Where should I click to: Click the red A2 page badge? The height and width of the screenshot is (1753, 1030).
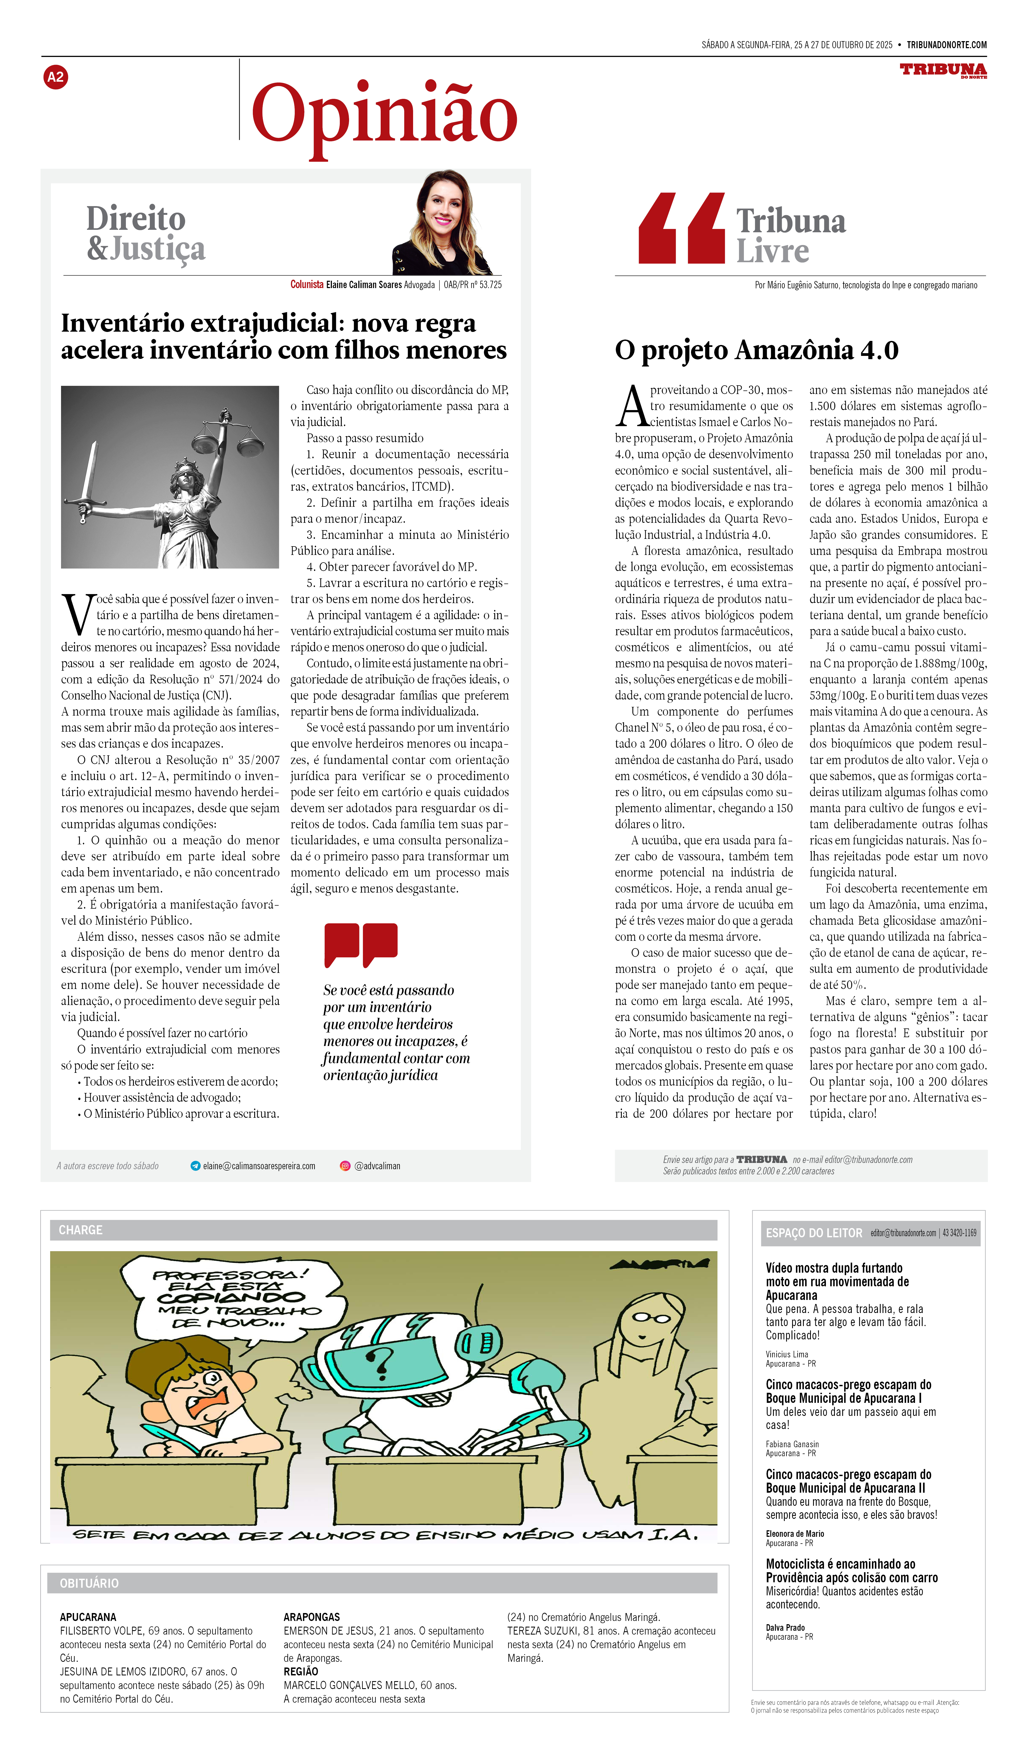click(56, 77)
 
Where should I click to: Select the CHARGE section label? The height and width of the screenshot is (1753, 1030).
click(81, 1230)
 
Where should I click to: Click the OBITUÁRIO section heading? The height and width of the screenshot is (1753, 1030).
click(89, 1583)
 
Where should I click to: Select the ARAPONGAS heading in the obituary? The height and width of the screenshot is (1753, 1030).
click(312, 1617)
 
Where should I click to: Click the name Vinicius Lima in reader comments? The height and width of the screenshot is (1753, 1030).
click(787, 1354)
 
